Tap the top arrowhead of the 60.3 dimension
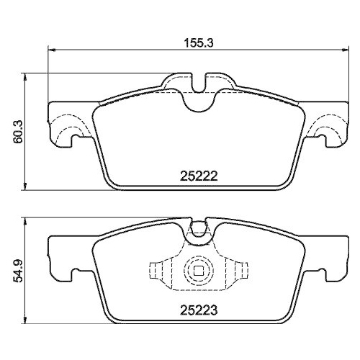[27, 74]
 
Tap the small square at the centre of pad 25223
[197, 271]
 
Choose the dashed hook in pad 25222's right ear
[328, 130]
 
